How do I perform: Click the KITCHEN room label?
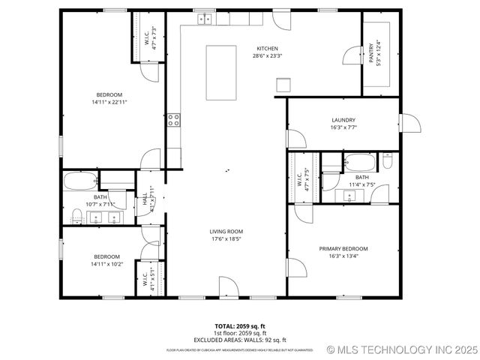pos(268,48)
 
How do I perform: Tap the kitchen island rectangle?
pos(223,72)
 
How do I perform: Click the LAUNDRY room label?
pos(343,119)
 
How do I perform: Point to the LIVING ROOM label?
pos(226,231)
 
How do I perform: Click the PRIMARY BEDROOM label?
pos(343,248)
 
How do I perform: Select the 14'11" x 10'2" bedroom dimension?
pos(106,263)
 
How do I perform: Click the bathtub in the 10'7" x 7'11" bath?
pos(79,181)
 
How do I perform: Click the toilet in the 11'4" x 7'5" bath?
pos(387,161)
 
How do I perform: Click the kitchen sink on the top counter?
pos(205,19)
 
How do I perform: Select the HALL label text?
pos(145,200)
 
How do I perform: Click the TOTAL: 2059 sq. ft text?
pos(240,326)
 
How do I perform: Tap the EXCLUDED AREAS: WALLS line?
pos(240,340)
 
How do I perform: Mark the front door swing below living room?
pos(229,286)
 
